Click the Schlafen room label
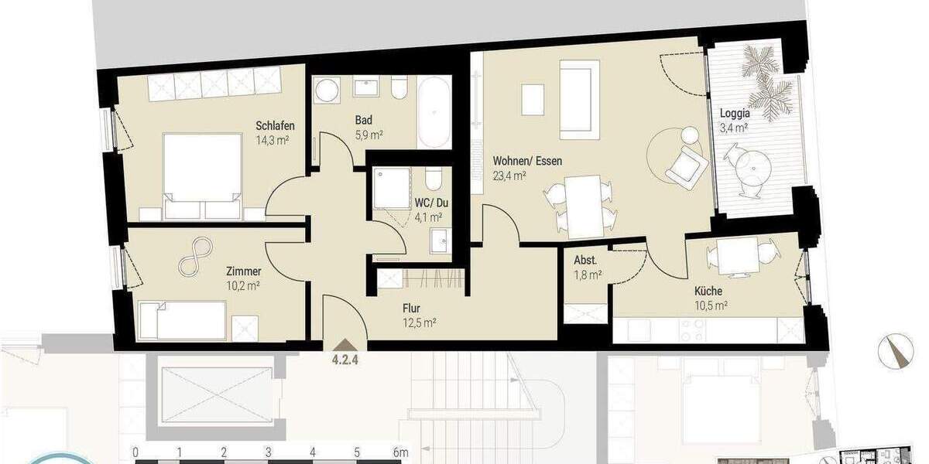[x=275, y=127]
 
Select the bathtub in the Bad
[x=433, y=112]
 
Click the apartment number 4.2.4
[x=345, y=358]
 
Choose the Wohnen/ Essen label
[x=527, y=162]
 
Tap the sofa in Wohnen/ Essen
[x=578, y=98]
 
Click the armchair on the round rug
[x=684, y=165]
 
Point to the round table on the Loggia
[x=750, y=164]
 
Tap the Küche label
[x=708, y=292]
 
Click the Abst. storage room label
[x=585, y=261]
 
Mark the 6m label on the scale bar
[x=400, y=452]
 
